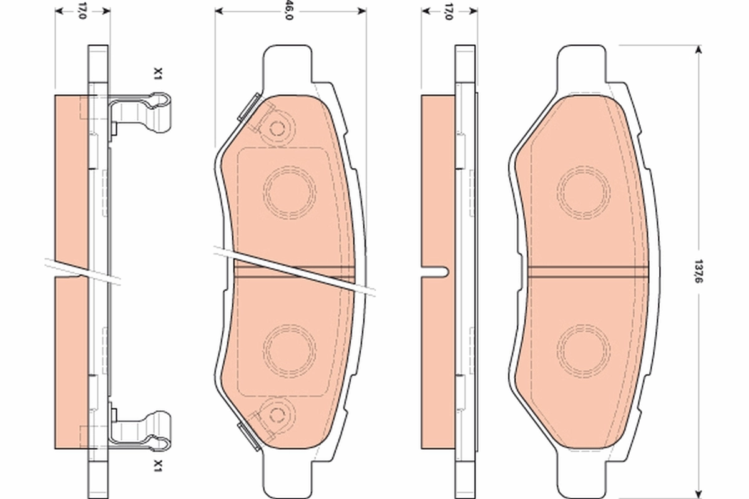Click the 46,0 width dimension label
[x=288, y=11]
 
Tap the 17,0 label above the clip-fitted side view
[x=82, y=11]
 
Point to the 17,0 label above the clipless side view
[x=448, y=11]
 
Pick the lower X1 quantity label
[x=159, y=465]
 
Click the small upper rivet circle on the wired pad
[x=277, y=129]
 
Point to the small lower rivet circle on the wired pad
[x=277, y=412]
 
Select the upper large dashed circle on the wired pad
[x=290, y=192]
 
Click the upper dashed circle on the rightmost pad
[x=584, y=192]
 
